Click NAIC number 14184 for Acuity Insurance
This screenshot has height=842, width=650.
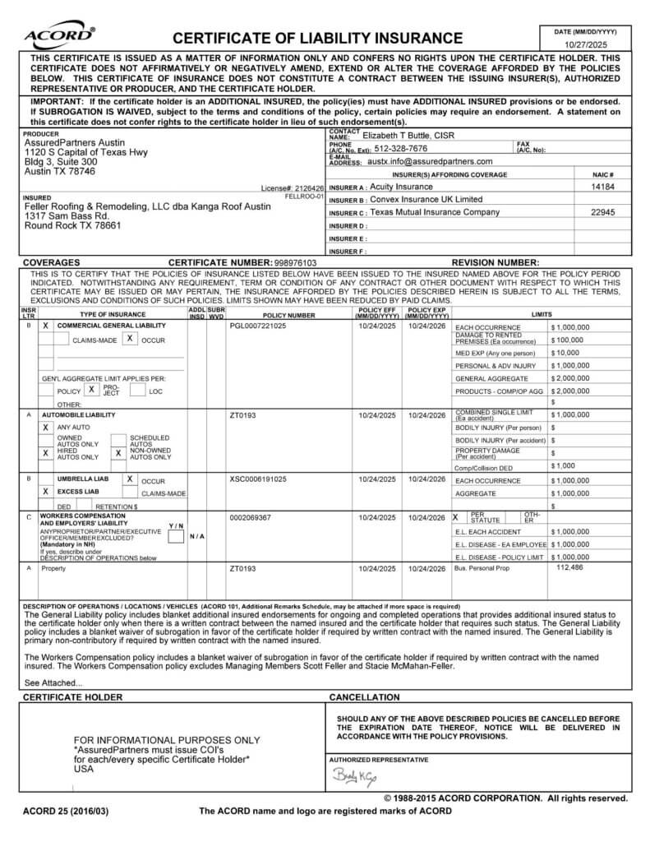[x=603, y=187]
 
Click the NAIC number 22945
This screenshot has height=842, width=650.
[x=603, y=212]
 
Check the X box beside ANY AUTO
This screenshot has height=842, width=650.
[x=46, y=428]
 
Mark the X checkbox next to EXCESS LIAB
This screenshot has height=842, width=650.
[x=46, y=491]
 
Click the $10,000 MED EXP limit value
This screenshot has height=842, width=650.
[x=565, y=353]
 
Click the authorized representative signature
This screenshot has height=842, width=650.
[x=354, y=776]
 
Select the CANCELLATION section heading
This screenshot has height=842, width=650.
[x=364, y=697]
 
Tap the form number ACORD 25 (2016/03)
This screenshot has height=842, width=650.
[x=65, y=812]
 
